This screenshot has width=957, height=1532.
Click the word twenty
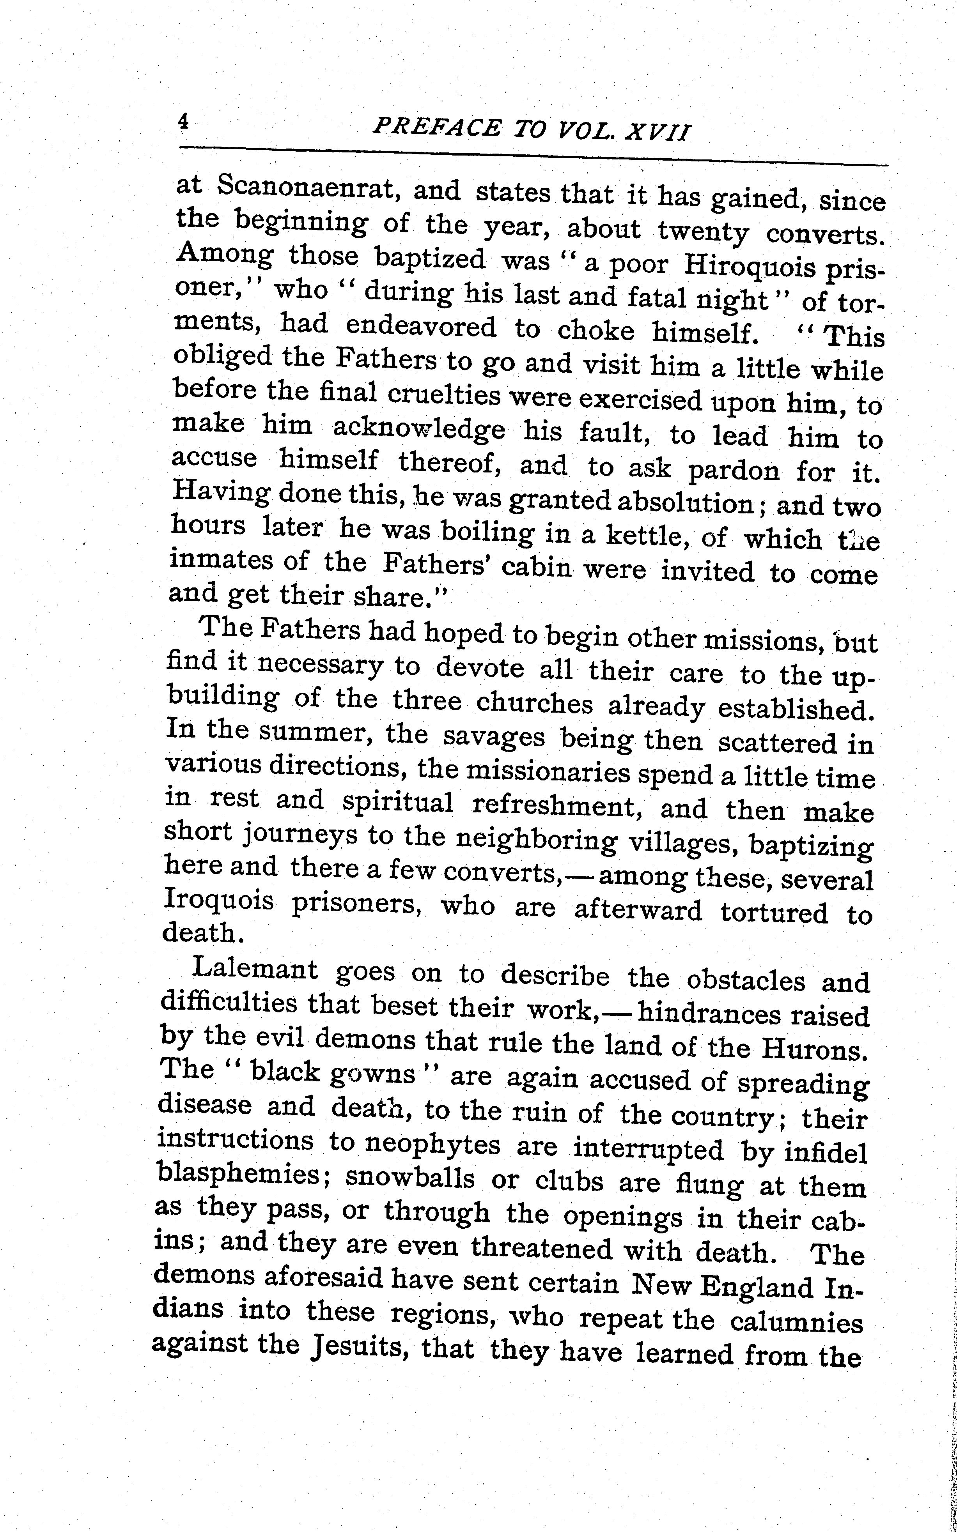coord(703,230)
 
